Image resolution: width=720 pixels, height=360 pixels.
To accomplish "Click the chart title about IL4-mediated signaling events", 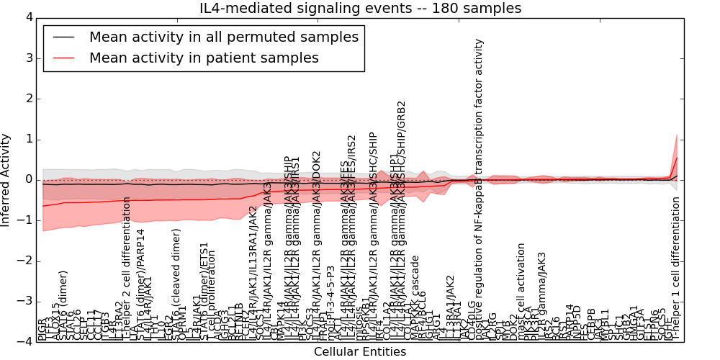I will point(360,8).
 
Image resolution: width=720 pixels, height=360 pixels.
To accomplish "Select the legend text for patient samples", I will point(204,58).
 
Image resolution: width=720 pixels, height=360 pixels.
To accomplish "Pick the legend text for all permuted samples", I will point(223,37).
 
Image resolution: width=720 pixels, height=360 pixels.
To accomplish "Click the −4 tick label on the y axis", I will point(24,343).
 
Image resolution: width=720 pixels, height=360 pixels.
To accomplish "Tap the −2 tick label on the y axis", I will point(24,261).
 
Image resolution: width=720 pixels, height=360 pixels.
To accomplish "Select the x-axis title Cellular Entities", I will point(360,352).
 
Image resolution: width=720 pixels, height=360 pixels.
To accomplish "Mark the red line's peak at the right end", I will point(677,157).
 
